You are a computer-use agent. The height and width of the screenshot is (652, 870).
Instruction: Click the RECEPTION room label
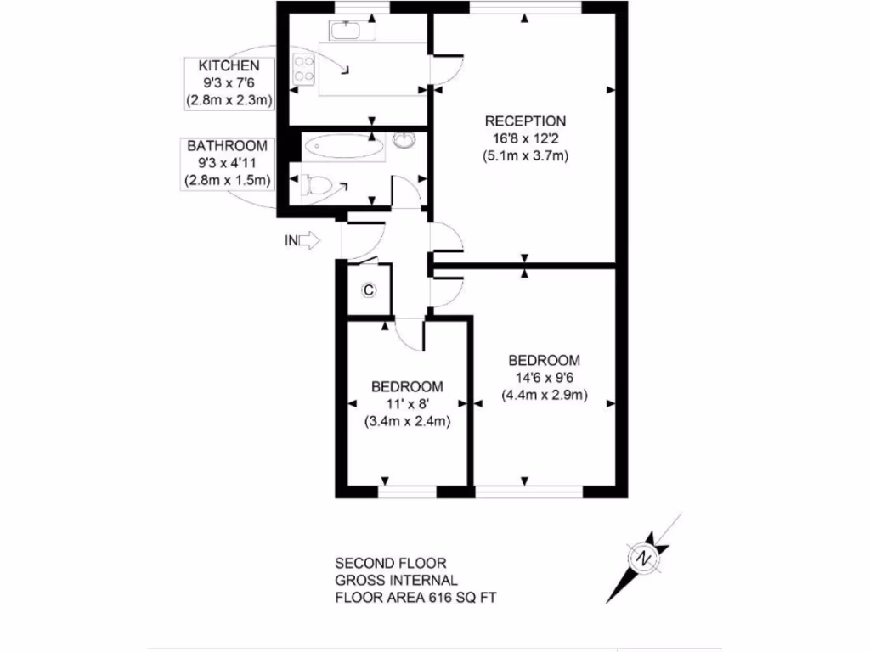click(524, 120)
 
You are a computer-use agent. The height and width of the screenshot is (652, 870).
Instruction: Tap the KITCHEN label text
click(229, 66)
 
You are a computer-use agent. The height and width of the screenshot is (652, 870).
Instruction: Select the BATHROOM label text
click(228, 146)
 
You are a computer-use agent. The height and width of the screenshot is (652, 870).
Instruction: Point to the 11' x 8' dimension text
click(407, 403)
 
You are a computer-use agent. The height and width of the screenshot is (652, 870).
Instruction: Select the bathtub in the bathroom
click(343, 147)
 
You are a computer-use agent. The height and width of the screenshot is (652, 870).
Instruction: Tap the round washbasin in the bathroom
click(403, 141)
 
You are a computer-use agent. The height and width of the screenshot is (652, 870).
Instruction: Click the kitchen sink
click(345, 31)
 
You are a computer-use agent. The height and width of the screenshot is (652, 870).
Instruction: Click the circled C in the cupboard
click(369, 290)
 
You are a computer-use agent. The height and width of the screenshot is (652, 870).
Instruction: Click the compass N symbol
click(645, 559)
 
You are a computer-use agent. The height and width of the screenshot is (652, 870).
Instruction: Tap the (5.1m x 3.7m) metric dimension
click(524, 155)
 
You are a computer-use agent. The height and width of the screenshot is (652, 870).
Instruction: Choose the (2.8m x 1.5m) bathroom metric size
click(228, 180)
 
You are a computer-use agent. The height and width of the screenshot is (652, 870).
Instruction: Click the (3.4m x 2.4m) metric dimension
click(407, 421)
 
